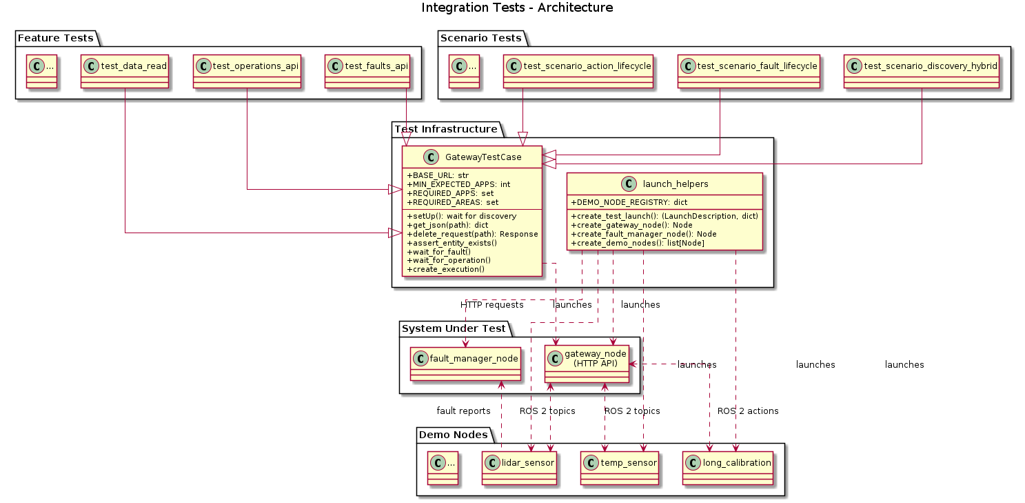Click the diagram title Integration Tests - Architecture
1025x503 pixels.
517,8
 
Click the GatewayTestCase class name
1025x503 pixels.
483,157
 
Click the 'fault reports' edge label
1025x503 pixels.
463,411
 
